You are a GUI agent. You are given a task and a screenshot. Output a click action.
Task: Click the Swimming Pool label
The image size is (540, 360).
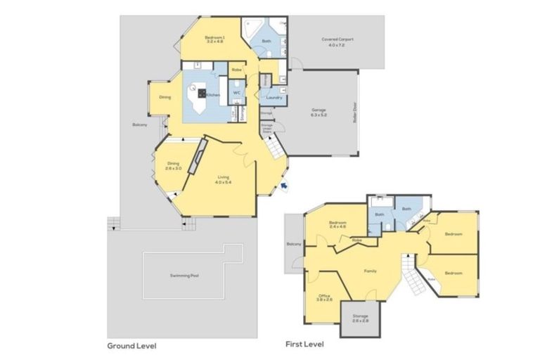coord(185,276)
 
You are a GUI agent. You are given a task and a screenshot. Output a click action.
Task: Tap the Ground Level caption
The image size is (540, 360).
coord(131,346)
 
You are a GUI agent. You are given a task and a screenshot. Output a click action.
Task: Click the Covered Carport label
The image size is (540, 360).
coord(337,42)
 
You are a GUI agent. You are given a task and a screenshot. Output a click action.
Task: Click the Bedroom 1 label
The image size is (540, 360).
coord(214,39)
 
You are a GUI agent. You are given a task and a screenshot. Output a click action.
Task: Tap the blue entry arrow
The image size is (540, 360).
coord(283,185)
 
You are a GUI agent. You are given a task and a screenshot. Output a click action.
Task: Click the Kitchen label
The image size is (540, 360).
coord(213,95)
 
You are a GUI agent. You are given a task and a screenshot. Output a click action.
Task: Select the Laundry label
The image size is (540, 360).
coord(274,98)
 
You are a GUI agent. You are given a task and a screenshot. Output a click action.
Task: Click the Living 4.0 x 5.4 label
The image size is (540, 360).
coord(224,179)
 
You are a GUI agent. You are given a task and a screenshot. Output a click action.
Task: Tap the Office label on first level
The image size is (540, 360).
coord(324,297)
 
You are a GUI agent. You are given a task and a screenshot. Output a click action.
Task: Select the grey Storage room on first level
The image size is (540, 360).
coord(360,319)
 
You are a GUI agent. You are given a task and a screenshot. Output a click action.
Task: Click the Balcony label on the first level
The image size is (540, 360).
coord(294,244)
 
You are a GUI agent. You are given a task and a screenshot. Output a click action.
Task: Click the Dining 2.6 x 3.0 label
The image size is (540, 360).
coord(173,166)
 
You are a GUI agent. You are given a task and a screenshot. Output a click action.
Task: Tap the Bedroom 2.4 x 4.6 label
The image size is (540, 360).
coord(339,225)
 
